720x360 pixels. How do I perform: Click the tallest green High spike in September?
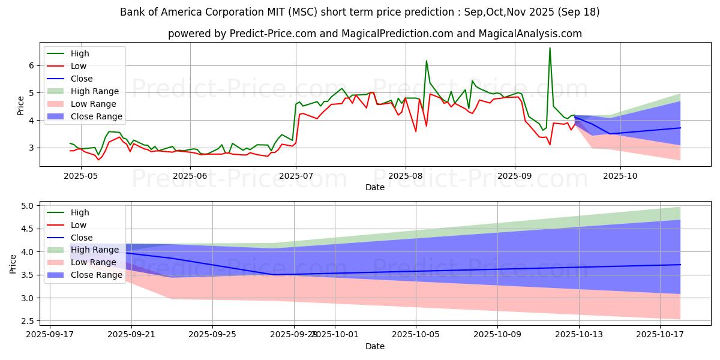(x=550, y=48)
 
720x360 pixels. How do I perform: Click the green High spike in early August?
(x=427, y=61)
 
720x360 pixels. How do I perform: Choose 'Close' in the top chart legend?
(x=82, y=79)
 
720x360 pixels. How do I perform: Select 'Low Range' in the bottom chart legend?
(x=94, y=262)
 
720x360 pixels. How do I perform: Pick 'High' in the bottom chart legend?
(x=80, y=212)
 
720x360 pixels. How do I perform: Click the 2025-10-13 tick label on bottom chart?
(x=578, y=334)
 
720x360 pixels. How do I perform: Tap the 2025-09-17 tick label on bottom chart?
(x=50, y=334)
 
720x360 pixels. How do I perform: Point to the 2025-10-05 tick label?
(x=416, y=334)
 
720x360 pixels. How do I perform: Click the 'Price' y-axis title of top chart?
(x=21, y=105)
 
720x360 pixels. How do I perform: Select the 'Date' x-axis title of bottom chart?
(x=375, y=346)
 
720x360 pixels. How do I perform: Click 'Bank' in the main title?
(x=133, y=12)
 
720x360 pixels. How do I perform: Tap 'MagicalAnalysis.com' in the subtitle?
(x=530, y=34)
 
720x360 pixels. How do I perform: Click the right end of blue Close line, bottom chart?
(x=680, y=265)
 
